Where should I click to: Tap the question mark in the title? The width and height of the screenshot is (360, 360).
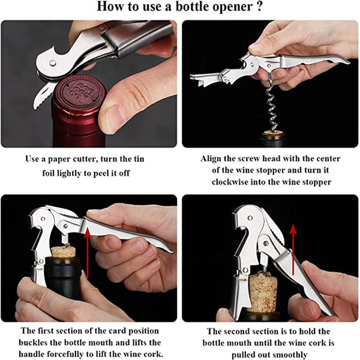click(259, 6)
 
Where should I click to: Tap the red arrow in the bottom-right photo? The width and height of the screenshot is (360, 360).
click(293, 250)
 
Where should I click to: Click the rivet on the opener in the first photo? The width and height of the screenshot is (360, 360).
click(53, 62)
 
